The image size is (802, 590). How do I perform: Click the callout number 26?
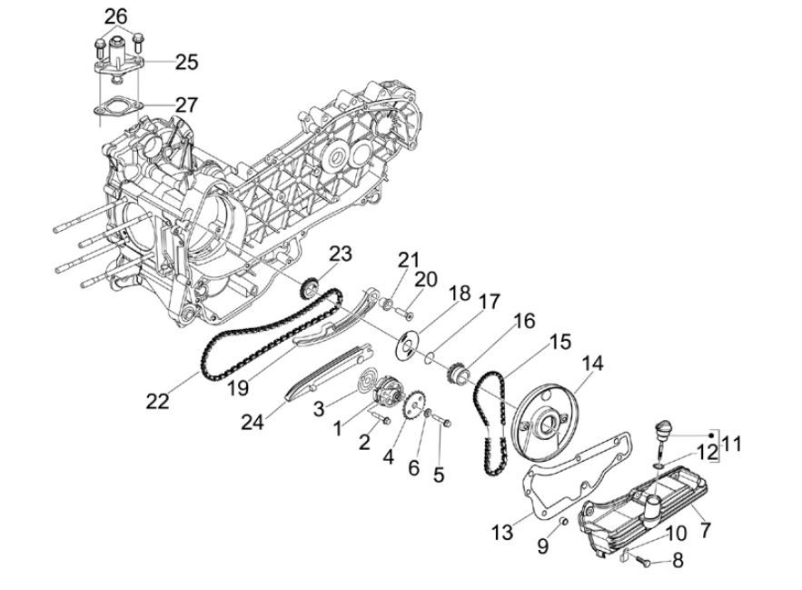tap(116, 15)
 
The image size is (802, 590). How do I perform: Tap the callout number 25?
tap(186, 62)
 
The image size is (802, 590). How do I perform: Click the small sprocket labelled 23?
tap(308, 289)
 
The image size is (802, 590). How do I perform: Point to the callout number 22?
tap(158, 401)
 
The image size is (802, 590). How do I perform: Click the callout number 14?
tap(592, 364)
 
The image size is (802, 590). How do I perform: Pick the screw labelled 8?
tap(643, 564)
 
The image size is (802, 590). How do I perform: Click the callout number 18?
tap(460, 294)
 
